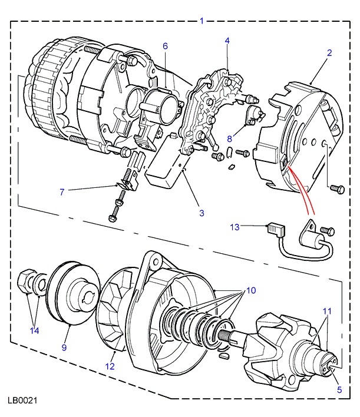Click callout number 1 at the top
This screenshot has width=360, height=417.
coord(202,21)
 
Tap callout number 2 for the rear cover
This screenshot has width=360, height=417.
coord(329,52)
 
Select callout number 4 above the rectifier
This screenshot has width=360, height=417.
coord(227,41)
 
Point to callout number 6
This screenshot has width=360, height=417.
coord(165,46)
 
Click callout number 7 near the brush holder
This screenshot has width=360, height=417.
coord(62,192)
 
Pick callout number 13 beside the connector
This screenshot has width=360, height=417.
coord(235,227)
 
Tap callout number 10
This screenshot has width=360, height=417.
coord(251,290)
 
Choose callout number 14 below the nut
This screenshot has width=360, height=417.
coord(35,330)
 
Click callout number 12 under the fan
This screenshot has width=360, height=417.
coord(110,366)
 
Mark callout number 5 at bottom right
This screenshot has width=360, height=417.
coord(339,390)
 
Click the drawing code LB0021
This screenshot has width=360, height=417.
coord(22,401)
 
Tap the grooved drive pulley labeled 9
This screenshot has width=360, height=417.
coord(73,293)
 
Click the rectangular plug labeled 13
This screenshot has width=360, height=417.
coord(276,230)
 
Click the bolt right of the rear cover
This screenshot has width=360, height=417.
coord(337,189)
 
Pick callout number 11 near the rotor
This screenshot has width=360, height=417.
coord(327,311)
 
